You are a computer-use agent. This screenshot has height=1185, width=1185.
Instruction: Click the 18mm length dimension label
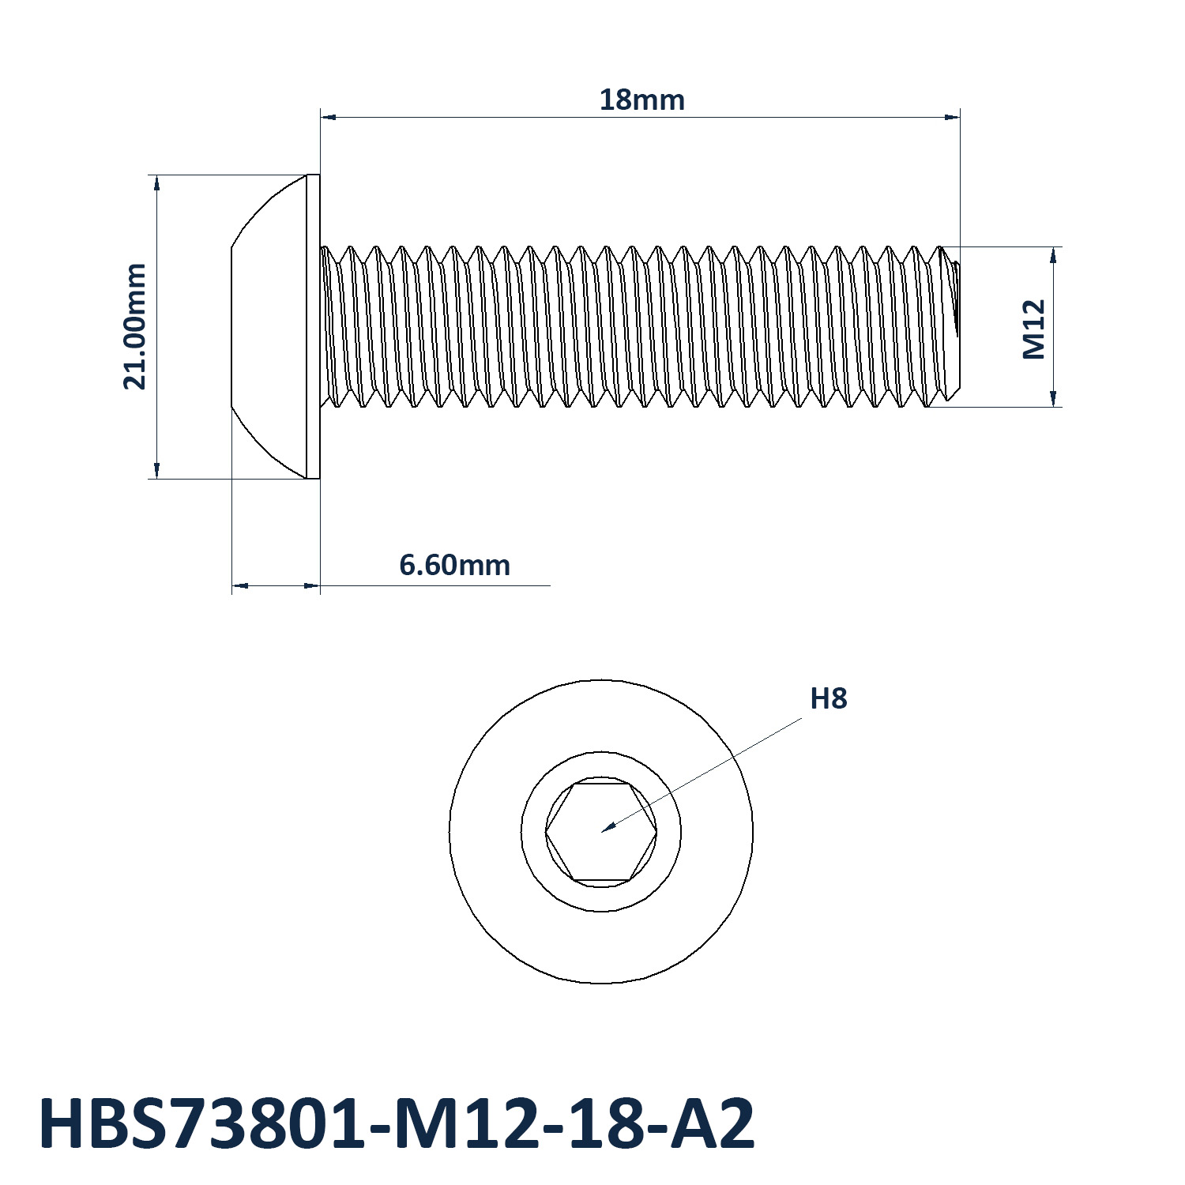[x=641, y=100]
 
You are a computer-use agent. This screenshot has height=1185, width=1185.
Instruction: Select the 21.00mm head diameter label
[x=135, y=326]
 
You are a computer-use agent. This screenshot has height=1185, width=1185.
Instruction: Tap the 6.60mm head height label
[x=454, y=566]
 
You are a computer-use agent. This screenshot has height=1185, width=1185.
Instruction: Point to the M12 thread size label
[x=1034, y=329]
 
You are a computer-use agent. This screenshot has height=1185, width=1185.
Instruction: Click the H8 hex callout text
[x=829, y=699]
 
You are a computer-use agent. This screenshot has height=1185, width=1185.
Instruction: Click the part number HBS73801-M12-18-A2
[x=397, y=1124]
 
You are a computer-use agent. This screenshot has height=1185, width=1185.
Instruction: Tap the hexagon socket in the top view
[x=601, y=832]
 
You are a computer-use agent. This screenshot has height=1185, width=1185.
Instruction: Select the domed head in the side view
[x=269, y=326]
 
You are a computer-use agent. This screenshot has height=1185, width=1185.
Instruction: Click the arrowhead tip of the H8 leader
[x=602, y=832]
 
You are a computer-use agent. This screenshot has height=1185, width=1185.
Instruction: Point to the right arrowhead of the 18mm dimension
[x=959, y=117]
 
